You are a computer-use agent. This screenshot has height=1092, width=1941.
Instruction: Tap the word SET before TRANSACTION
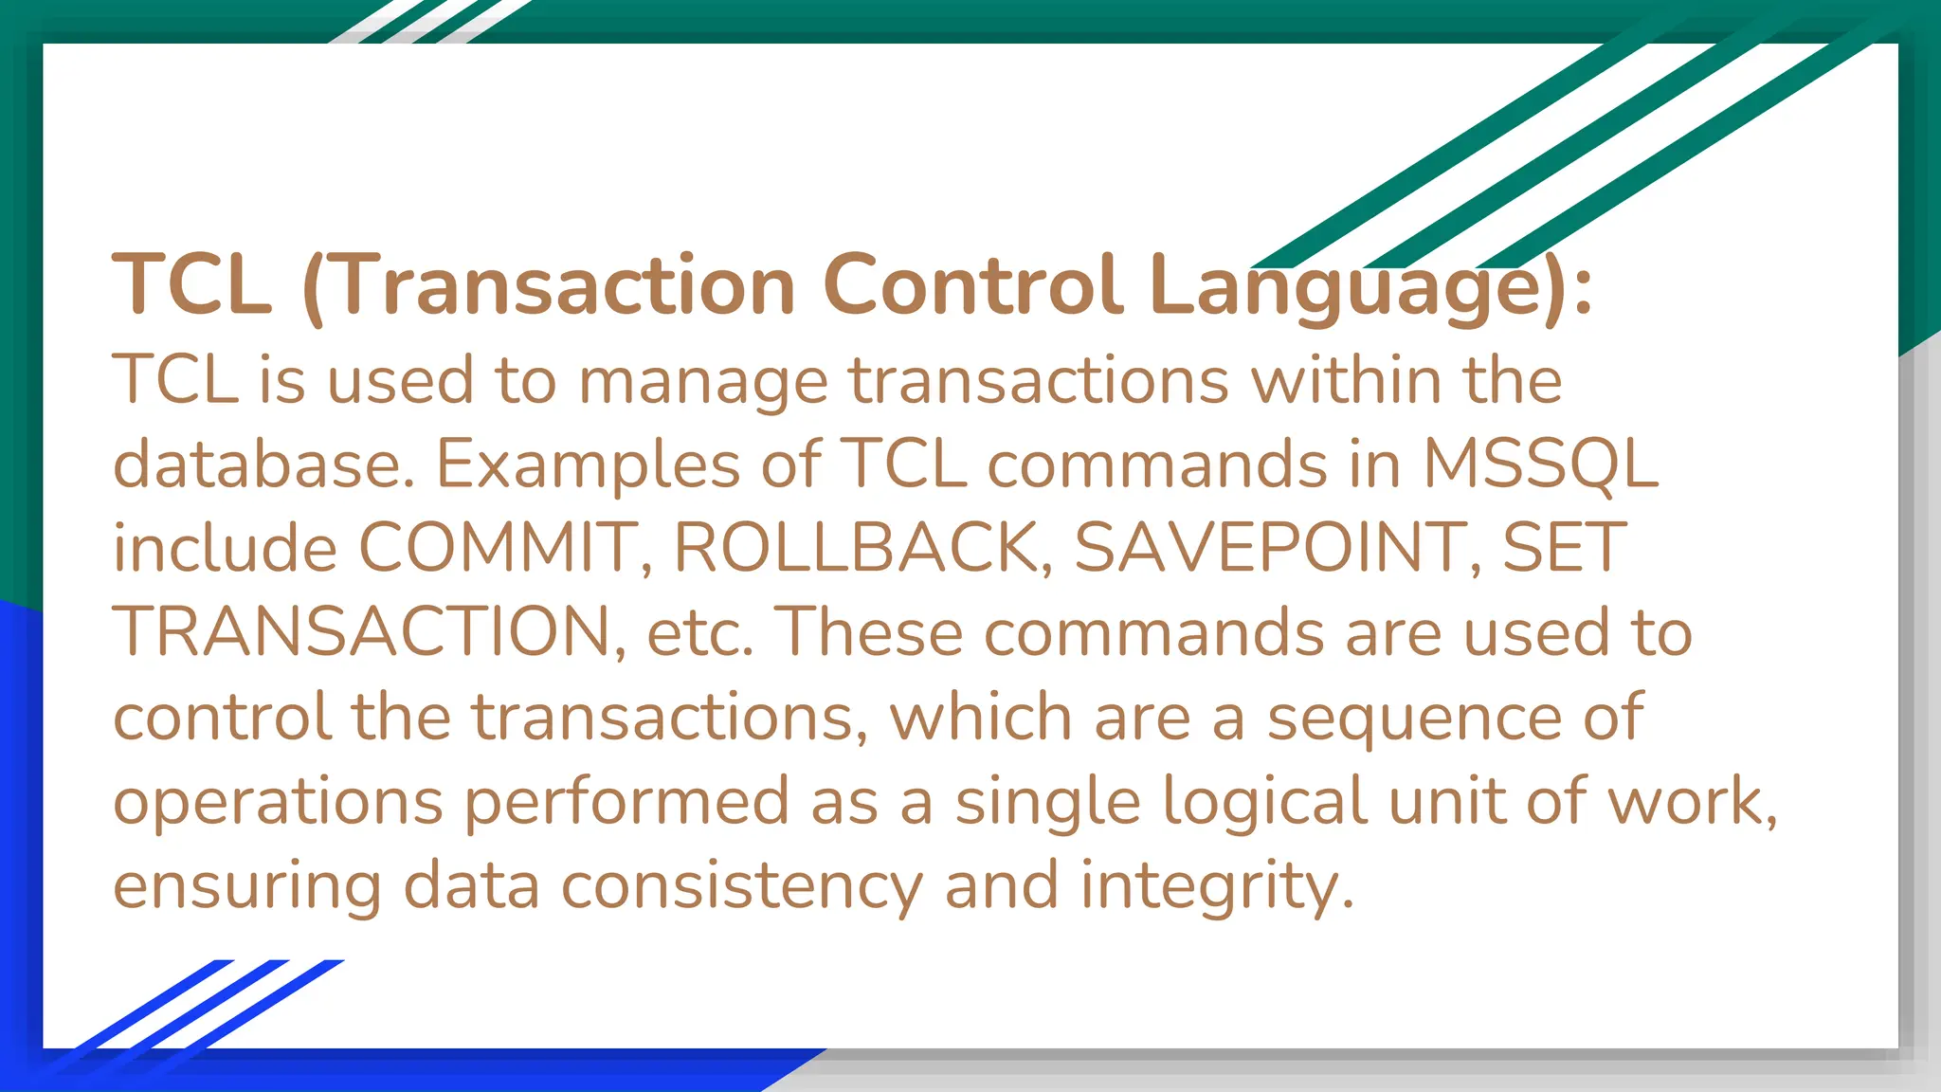click(x=1564, y=548)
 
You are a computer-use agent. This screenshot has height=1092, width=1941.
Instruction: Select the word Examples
click(x=588, y=464)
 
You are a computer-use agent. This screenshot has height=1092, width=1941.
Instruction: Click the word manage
click(x=703, y=381)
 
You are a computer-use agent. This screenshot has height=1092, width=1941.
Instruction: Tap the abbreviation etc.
click(x=699, y=633)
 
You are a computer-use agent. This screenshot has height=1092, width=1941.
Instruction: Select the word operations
click(x=278, y=802)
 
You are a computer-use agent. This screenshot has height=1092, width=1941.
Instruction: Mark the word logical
click(x=1263, y=802)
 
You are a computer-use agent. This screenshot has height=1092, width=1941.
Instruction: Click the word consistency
click(x=741, y=885)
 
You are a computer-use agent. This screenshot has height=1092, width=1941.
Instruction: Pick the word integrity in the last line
click(x=1216, y=885)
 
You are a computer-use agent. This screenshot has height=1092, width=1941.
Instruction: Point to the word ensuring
click(x=246, y=885)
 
